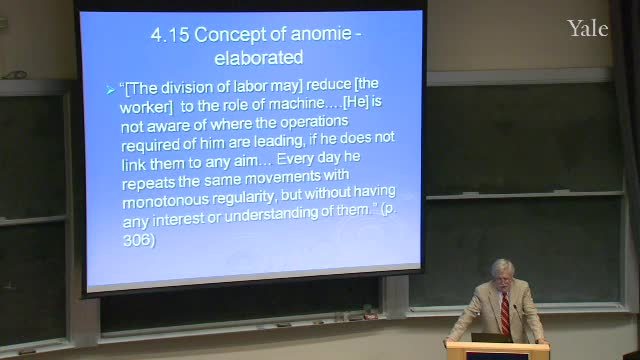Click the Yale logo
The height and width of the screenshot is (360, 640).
pos(587,29)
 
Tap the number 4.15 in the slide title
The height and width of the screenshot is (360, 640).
pos(170,35)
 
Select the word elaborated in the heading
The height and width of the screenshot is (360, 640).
pos(259,58)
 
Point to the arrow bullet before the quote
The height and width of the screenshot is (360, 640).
pos(110,90)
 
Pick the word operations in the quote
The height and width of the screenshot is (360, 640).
pos(314,122)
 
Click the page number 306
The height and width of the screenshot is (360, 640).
pos(137,240)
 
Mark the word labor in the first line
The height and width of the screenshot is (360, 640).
pos(250,87)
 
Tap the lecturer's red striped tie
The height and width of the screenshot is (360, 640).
pos(505,314)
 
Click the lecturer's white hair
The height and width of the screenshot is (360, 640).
pos(502,266)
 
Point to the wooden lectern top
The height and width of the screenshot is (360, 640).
pos(498,347)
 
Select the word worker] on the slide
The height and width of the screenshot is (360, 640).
pos(146,107)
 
